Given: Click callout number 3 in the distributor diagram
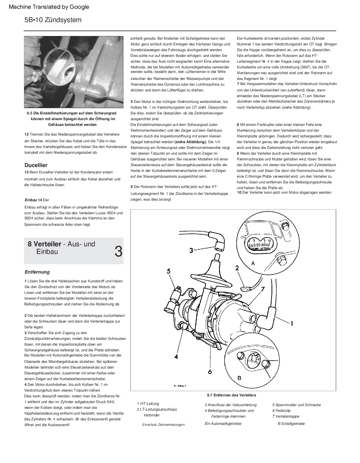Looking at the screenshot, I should (191, 250).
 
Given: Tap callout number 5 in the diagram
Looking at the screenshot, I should (169, 271).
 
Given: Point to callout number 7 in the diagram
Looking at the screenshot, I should (263, 289).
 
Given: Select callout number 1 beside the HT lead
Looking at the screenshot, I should (292, 323).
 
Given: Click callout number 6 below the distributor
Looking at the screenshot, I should (210, 371).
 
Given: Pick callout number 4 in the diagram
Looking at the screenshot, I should (176, 356).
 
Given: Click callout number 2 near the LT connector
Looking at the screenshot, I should (237, 268).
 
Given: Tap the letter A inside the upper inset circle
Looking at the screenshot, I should (253, 263).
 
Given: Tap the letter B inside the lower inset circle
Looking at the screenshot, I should (239, 378).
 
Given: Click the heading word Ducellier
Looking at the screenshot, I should (36, 165).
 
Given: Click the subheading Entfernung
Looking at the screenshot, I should (37, 272).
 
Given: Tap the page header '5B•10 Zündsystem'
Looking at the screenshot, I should (53, 20).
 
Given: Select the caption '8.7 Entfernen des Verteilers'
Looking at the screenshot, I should (231, 395).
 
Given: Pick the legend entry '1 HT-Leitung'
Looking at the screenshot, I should (148, 404).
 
